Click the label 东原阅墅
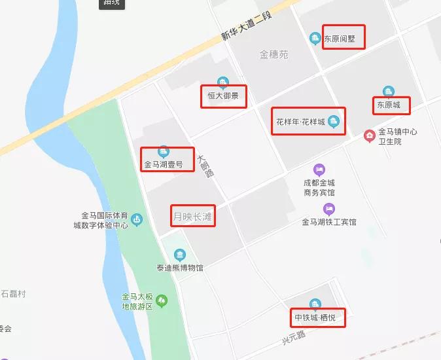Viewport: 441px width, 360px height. (344, 39)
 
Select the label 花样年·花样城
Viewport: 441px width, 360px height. (300, 122)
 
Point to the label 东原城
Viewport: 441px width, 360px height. (391, 105)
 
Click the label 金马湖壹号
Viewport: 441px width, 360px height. (168, 164)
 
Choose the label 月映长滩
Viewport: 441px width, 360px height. (193, 215)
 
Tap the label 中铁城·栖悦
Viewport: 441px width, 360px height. (317, 318)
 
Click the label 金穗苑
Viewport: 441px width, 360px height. (273, 55)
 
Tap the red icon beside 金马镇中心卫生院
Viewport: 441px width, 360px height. (370, 135)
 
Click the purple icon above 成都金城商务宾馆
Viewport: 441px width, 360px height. (319, 170)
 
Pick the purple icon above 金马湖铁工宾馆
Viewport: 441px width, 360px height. (329, 209)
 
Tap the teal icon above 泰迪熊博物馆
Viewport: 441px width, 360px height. (179, 255)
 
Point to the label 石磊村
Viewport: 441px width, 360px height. (13, 294)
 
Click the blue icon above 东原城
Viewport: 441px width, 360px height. (389, 92)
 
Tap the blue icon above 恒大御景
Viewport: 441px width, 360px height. (222, 82)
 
